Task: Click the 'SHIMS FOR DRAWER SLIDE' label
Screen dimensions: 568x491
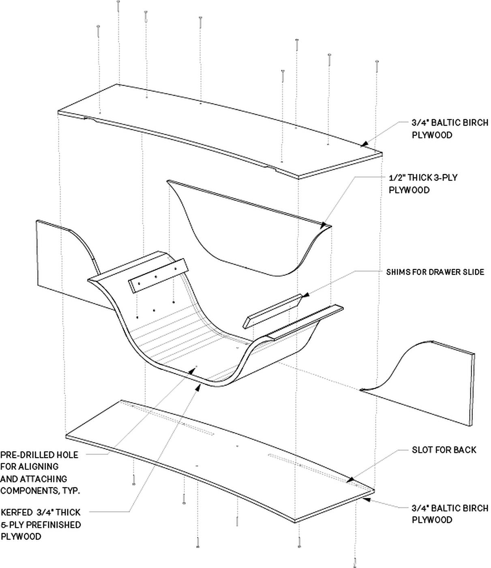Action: pos(435,272)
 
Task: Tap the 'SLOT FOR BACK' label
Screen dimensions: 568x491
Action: pos(444,450)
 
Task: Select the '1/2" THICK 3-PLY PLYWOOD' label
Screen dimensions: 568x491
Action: pos(423,184)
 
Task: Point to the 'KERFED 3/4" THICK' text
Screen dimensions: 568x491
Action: pos(41,512)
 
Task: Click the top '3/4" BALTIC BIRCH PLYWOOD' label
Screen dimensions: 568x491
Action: pos(450,129)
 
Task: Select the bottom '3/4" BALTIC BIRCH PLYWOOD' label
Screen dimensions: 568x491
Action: pos(450,514)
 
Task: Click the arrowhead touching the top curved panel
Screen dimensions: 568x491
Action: pos(364,144)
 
